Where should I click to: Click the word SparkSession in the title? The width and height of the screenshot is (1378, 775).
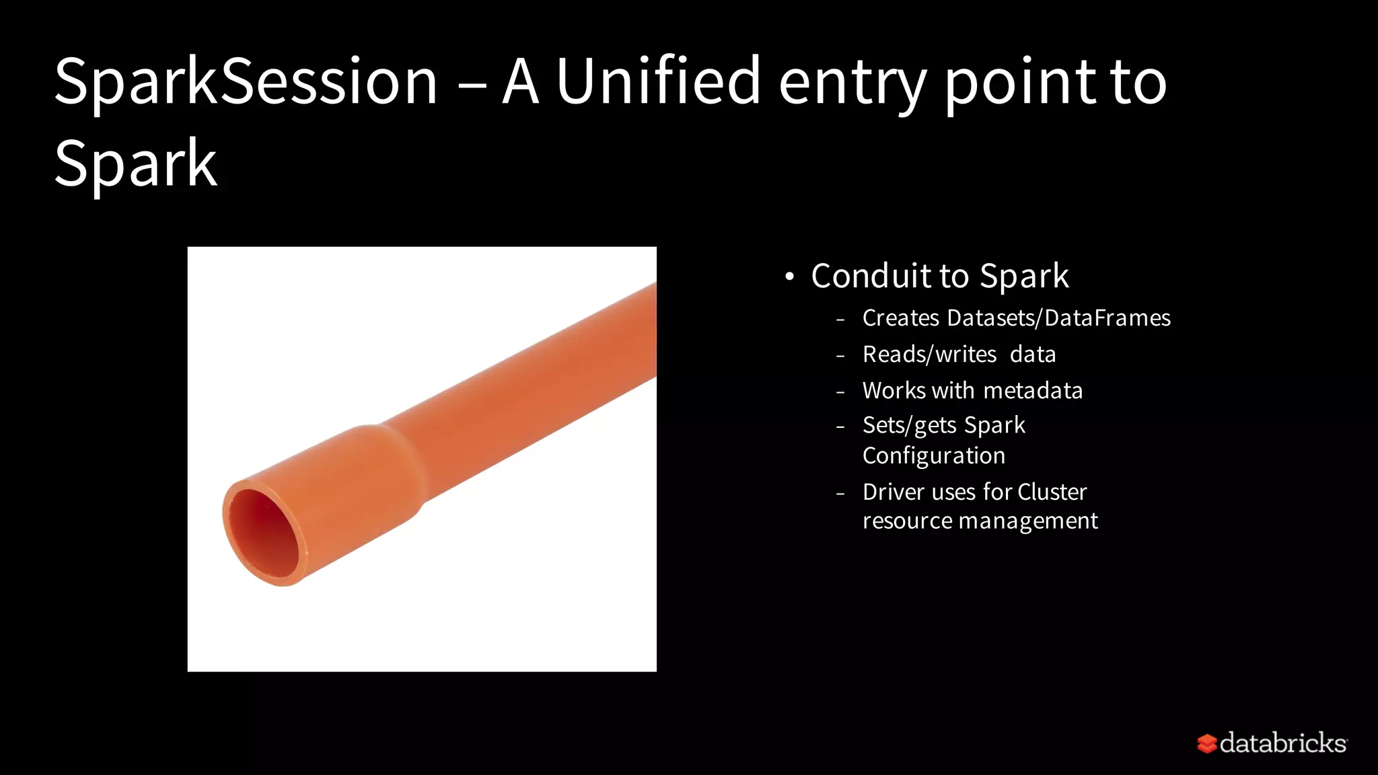[x=246, y=82]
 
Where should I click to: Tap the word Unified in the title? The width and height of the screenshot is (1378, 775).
[x=657, y=82]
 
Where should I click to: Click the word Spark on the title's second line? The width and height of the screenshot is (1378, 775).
[x=135, y=163]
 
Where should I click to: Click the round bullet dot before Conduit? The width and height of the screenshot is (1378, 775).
[x=789, y=276]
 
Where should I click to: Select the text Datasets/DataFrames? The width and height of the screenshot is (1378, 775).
[x=1058, y=318]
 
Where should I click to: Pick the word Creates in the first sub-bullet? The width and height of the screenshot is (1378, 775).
[x=900, y=318]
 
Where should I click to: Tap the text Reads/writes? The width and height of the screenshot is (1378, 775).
[x=929, y=355]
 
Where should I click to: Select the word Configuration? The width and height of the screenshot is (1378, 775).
[x=934, y=456]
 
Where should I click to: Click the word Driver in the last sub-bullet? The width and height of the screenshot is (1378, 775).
[x=894, y=492]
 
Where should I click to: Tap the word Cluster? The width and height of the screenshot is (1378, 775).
[x=1052, y=492]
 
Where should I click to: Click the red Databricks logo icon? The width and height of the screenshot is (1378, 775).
[x=1206, y=743]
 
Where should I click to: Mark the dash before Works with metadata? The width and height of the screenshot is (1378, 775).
[x=840, y=392]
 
